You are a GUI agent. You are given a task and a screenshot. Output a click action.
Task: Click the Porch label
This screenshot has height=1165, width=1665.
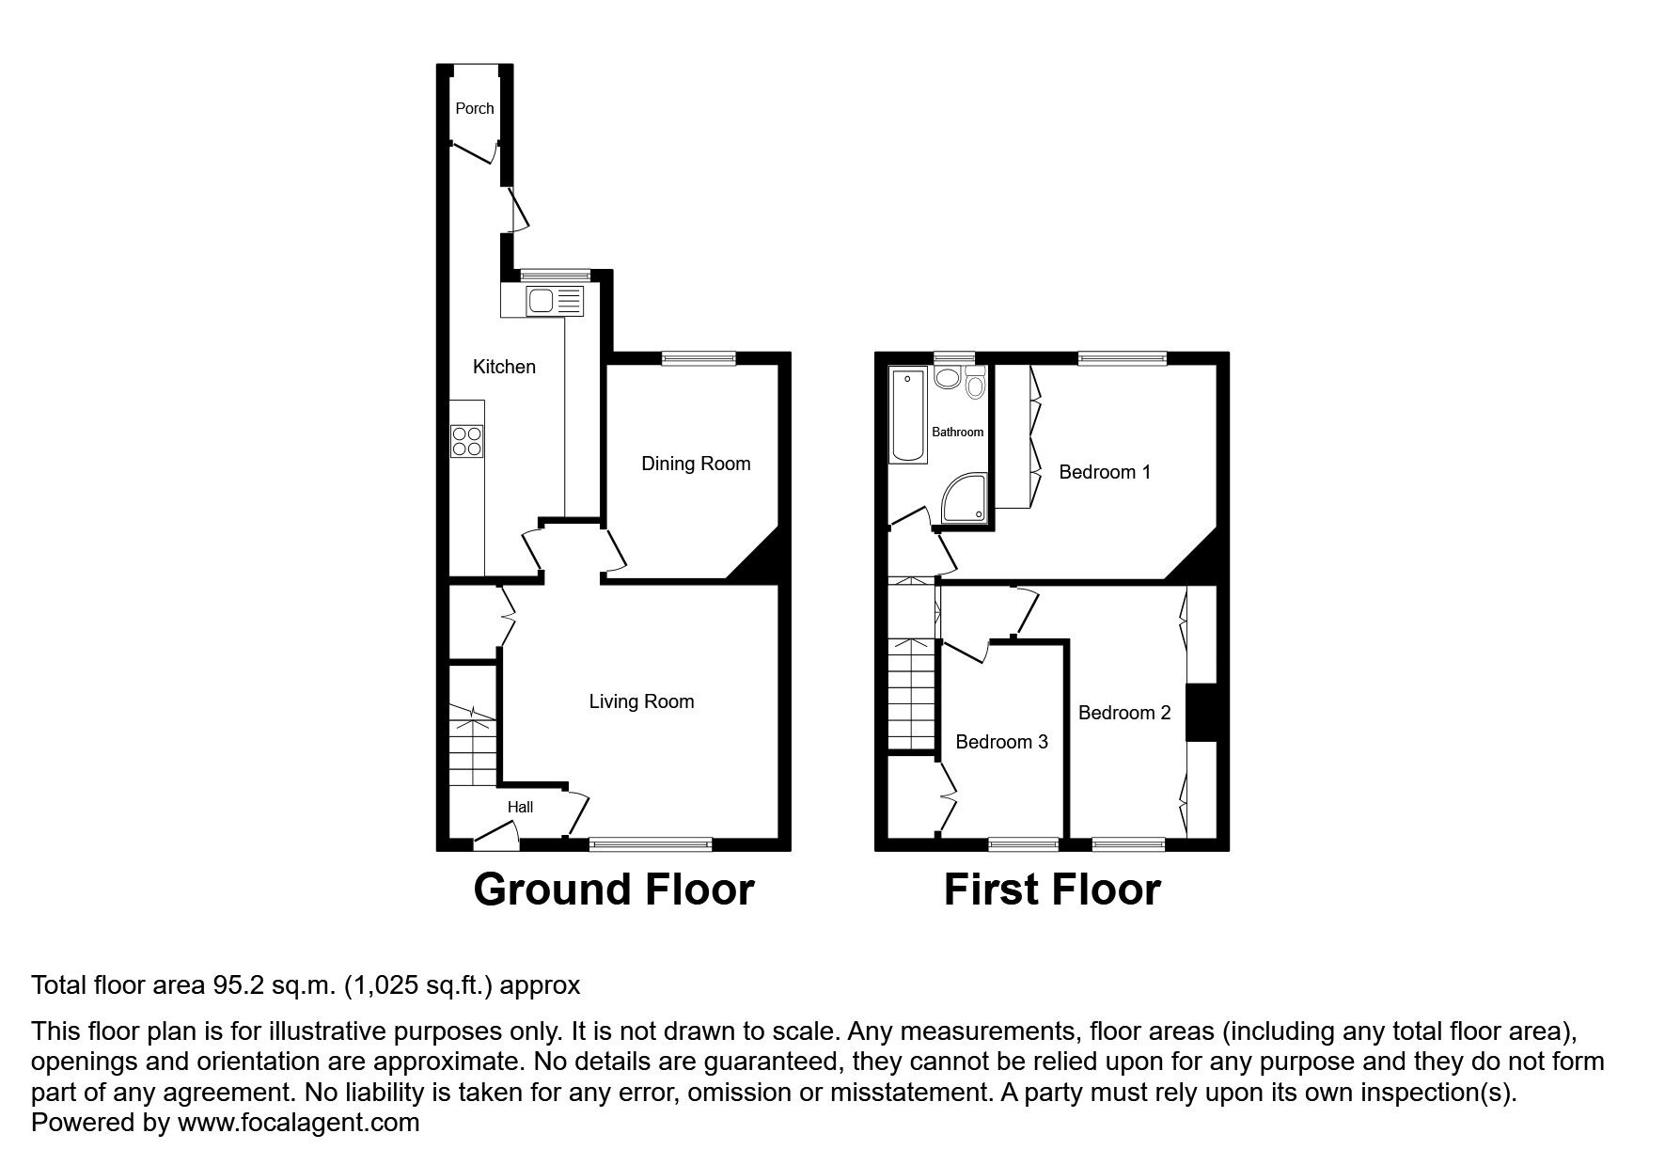tap(475, 108)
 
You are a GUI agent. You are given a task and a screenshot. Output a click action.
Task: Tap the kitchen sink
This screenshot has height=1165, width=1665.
tap(542, 301)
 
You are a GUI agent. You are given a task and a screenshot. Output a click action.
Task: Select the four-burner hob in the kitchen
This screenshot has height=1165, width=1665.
tap(467, 440)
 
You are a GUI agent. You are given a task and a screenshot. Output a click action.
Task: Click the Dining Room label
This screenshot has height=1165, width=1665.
tap(696, 464)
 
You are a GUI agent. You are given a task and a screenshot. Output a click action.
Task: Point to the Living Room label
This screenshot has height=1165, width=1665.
tap(641, 701)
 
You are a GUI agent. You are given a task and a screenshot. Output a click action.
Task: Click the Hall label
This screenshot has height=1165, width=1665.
tap(520, 807)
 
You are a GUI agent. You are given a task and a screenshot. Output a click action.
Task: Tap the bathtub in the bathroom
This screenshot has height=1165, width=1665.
tap(908, 416)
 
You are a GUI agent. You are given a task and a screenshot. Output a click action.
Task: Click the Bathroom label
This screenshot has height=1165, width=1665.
tap(957, 433)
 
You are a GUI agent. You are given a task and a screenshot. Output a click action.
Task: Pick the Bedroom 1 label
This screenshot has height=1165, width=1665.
tap(1105, 472)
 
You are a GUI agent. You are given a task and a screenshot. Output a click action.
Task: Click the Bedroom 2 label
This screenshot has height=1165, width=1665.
tap(1124, 713)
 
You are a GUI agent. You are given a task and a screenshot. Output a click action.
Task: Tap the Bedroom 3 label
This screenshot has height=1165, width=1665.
tap(1001, 742)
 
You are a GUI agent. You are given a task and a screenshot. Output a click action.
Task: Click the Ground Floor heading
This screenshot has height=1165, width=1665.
tap(614, 889)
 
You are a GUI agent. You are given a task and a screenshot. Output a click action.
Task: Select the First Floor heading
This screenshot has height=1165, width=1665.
tap(1052, 889)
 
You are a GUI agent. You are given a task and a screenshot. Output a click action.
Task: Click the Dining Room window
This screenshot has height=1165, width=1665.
tap(698, 357)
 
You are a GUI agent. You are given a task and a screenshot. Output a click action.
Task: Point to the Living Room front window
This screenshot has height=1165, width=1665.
tap(651, 843)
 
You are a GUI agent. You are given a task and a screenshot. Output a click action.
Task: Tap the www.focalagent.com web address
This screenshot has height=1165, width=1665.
tap(298, 1123)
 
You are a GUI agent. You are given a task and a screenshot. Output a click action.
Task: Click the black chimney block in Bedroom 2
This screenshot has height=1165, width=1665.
tap(1201, 713)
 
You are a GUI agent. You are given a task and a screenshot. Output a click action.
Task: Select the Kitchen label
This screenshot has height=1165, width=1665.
tap(504, 367)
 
